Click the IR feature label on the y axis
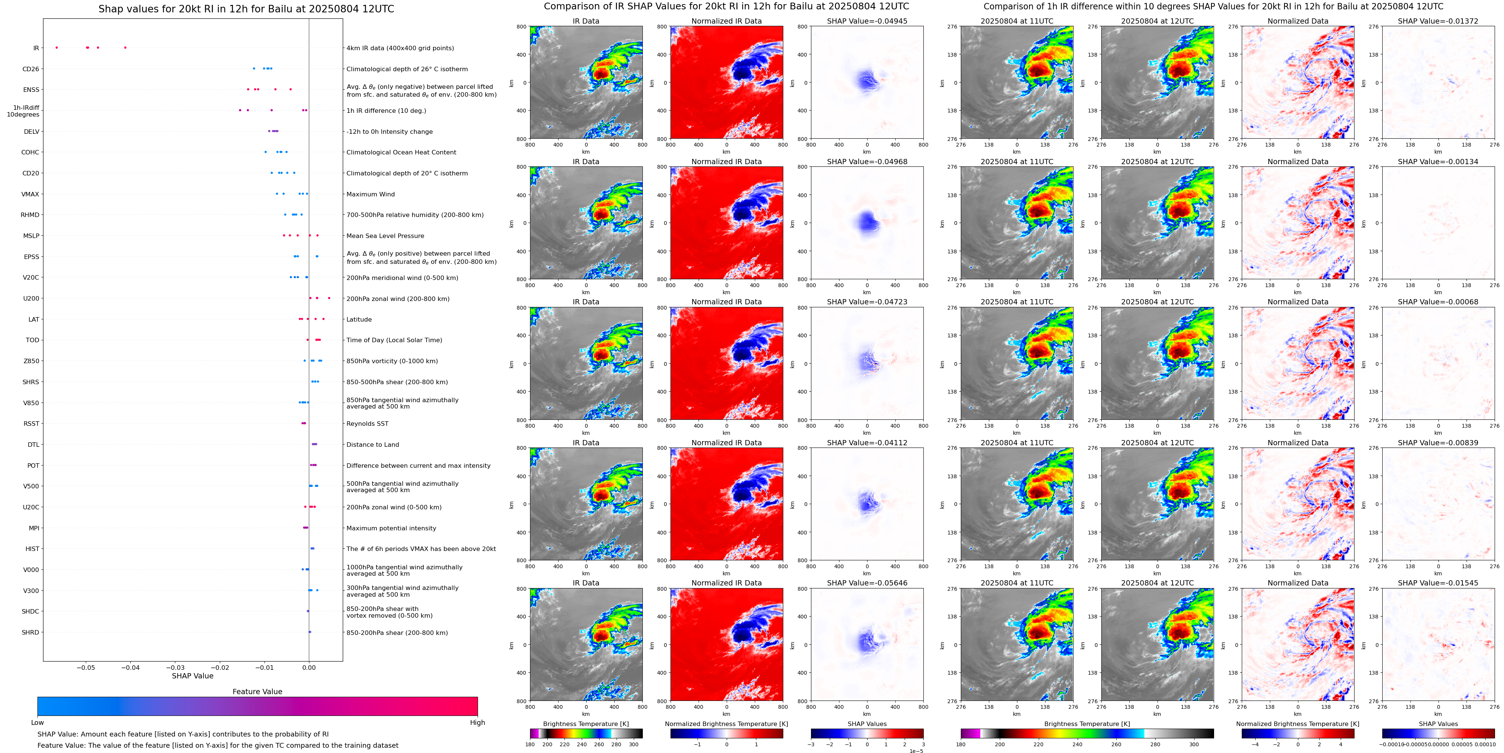pyautogui.click(x=36, y=48)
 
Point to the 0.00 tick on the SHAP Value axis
pyautogui.click(x=309, y=667)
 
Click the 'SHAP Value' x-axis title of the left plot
pyautogui.click(x=193, y=676)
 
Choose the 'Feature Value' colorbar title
pyautogui.click(x=257, y=692)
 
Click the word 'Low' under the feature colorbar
pyautogui.click(x=37, y=723)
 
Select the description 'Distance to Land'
pyautogui.click(x=372, y=445)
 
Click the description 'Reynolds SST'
pyautogui.click(x=367, y=424)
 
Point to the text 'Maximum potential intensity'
pyautogui.click(x=391, y=528)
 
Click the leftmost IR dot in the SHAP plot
pyautogui.click(x=57, y=47)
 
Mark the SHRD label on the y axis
pyautogui.click(x=30, y=632)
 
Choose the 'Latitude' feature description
pyautogui.click(x=359, y=320)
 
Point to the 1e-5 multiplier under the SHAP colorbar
pyautogui.click(x=916, y=751)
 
